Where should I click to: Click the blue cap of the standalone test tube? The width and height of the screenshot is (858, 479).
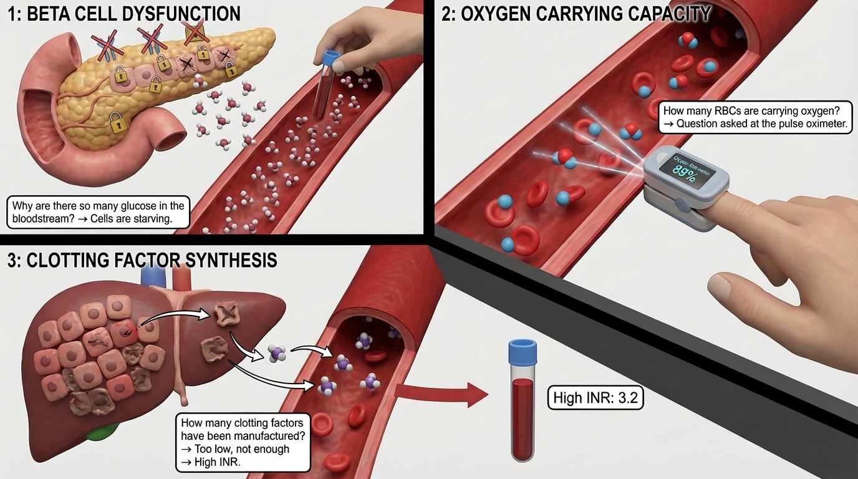(523, 351)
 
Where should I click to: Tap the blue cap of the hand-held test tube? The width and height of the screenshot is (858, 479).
(330, 59)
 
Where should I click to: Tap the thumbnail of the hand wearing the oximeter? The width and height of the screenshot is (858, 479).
(721, 288)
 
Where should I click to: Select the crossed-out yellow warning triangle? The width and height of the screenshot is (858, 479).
(195, 29)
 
